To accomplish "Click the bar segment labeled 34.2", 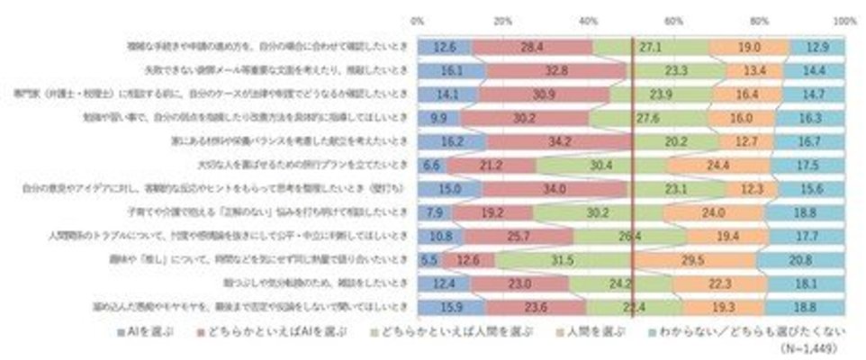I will click(x=558, y=140).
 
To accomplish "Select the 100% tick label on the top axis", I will click(x=843, y=18).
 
